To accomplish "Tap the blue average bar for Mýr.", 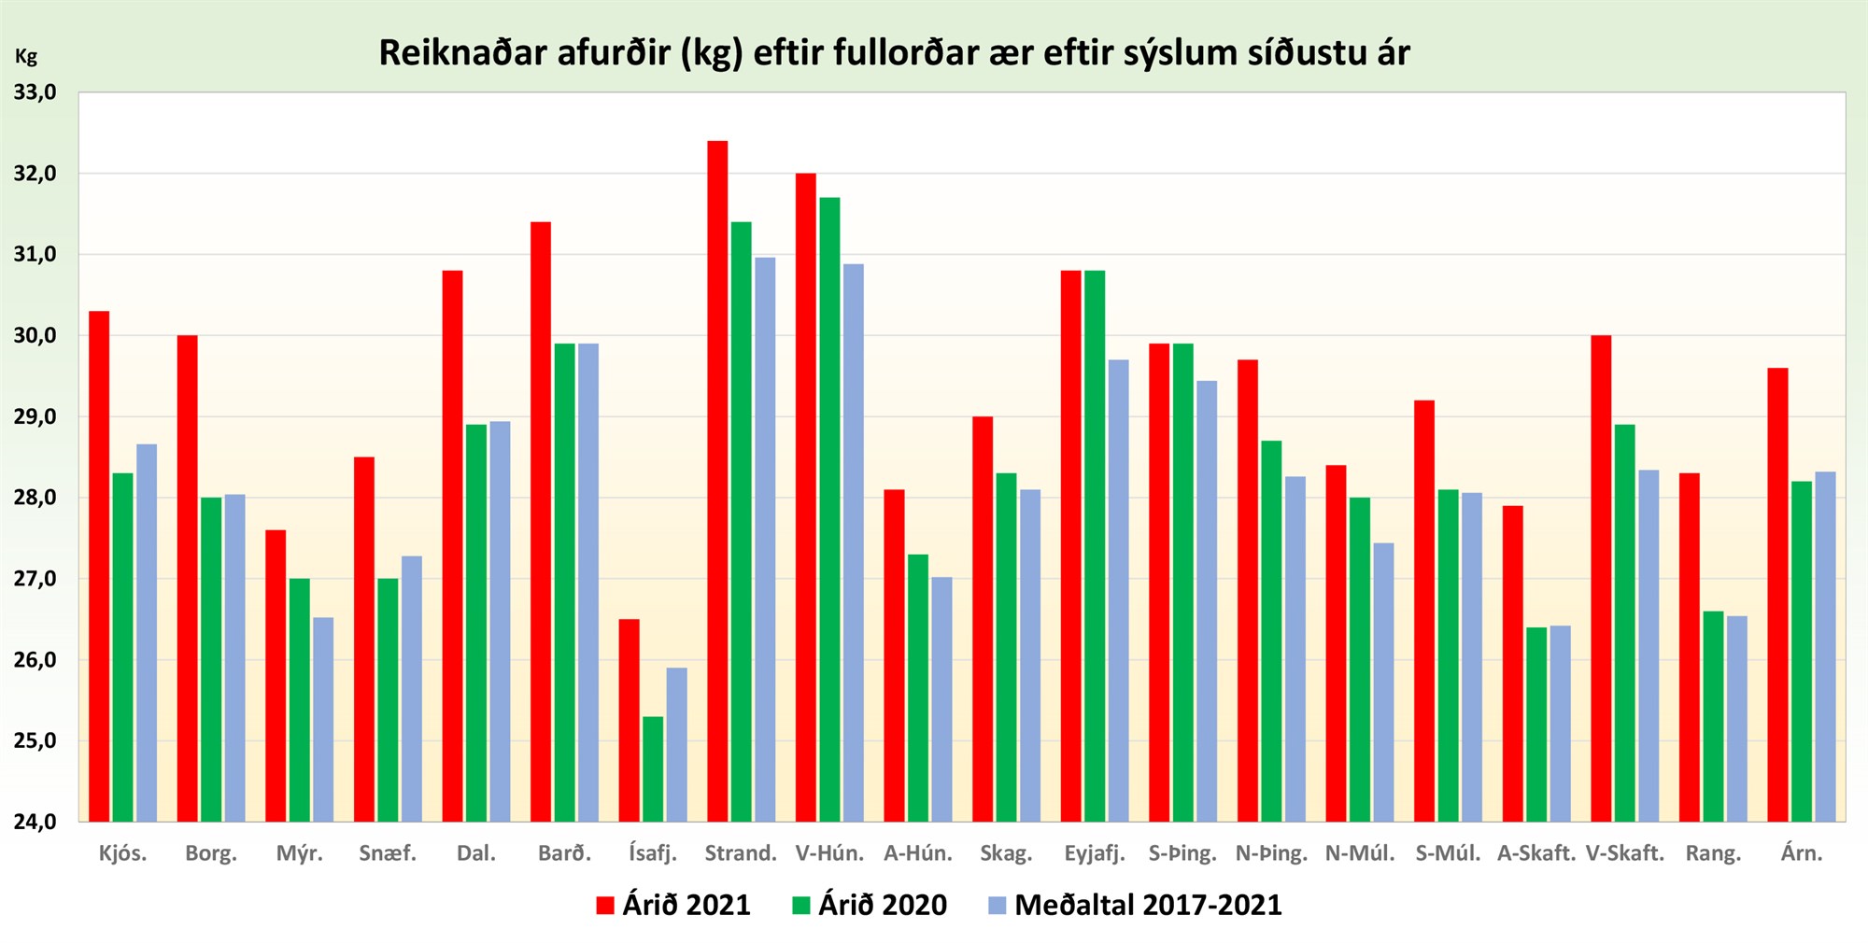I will (x=323, y=719).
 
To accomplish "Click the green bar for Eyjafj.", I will (x=1095, y=545).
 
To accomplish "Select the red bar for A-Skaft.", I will (x=1512, y=663).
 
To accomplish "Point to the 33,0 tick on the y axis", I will (x=35, y=92).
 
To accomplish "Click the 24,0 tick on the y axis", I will (x=35, y=822).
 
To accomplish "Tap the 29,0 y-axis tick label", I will (x=35, y=416).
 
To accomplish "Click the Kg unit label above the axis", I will (x=26, y=57).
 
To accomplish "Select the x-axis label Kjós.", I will (x=123, y=853).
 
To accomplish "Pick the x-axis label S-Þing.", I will (x=1182, y=853).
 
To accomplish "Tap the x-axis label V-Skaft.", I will (x=1624, y=853).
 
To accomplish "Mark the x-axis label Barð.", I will (x=564, y=853).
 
